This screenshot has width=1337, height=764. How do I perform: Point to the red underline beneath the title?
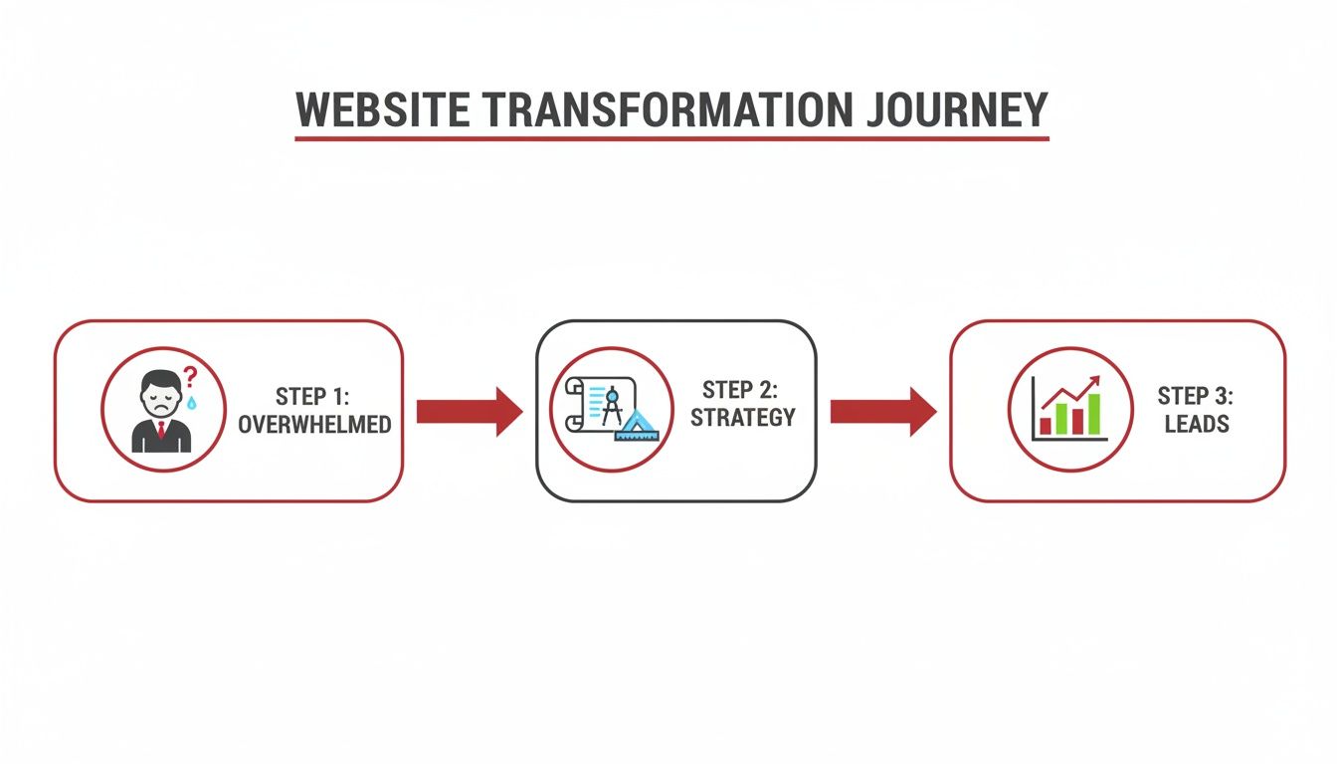coord(671,137)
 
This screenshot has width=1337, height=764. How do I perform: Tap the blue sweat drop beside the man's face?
coord(192,402)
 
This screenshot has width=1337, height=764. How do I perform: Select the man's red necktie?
coord(160,431)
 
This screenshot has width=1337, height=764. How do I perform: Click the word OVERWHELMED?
coord(314,425)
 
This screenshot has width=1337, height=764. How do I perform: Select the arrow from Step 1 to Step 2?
coord(469,411)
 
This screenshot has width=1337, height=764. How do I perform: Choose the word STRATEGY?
coord(743,418)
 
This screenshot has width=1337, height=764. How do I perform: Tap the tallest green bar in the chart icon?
coord(1094,414)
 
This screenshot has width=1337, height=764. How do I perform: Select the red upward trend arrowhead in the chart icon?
coord(1092,382)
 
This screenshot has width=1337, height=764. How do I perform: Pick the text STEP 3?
coord(1195,397)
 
